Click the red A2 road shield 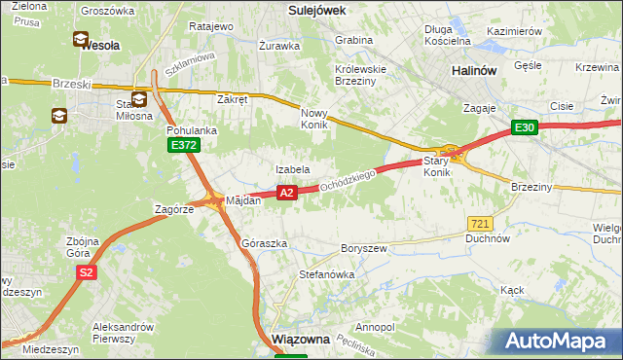[286, 194]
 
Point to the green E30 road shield [526, 127]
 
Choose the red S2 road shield [87, 272]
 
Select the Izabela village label [292, 169]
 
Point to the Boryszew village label [363, 248]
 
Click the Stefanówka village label [326, 275]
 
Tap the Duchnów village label [488, 237]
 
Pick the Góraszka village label [264, 243]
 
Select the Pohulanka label [191, 129]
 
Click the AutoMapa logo [559, 342]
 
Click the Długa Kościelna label [448, 35]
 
